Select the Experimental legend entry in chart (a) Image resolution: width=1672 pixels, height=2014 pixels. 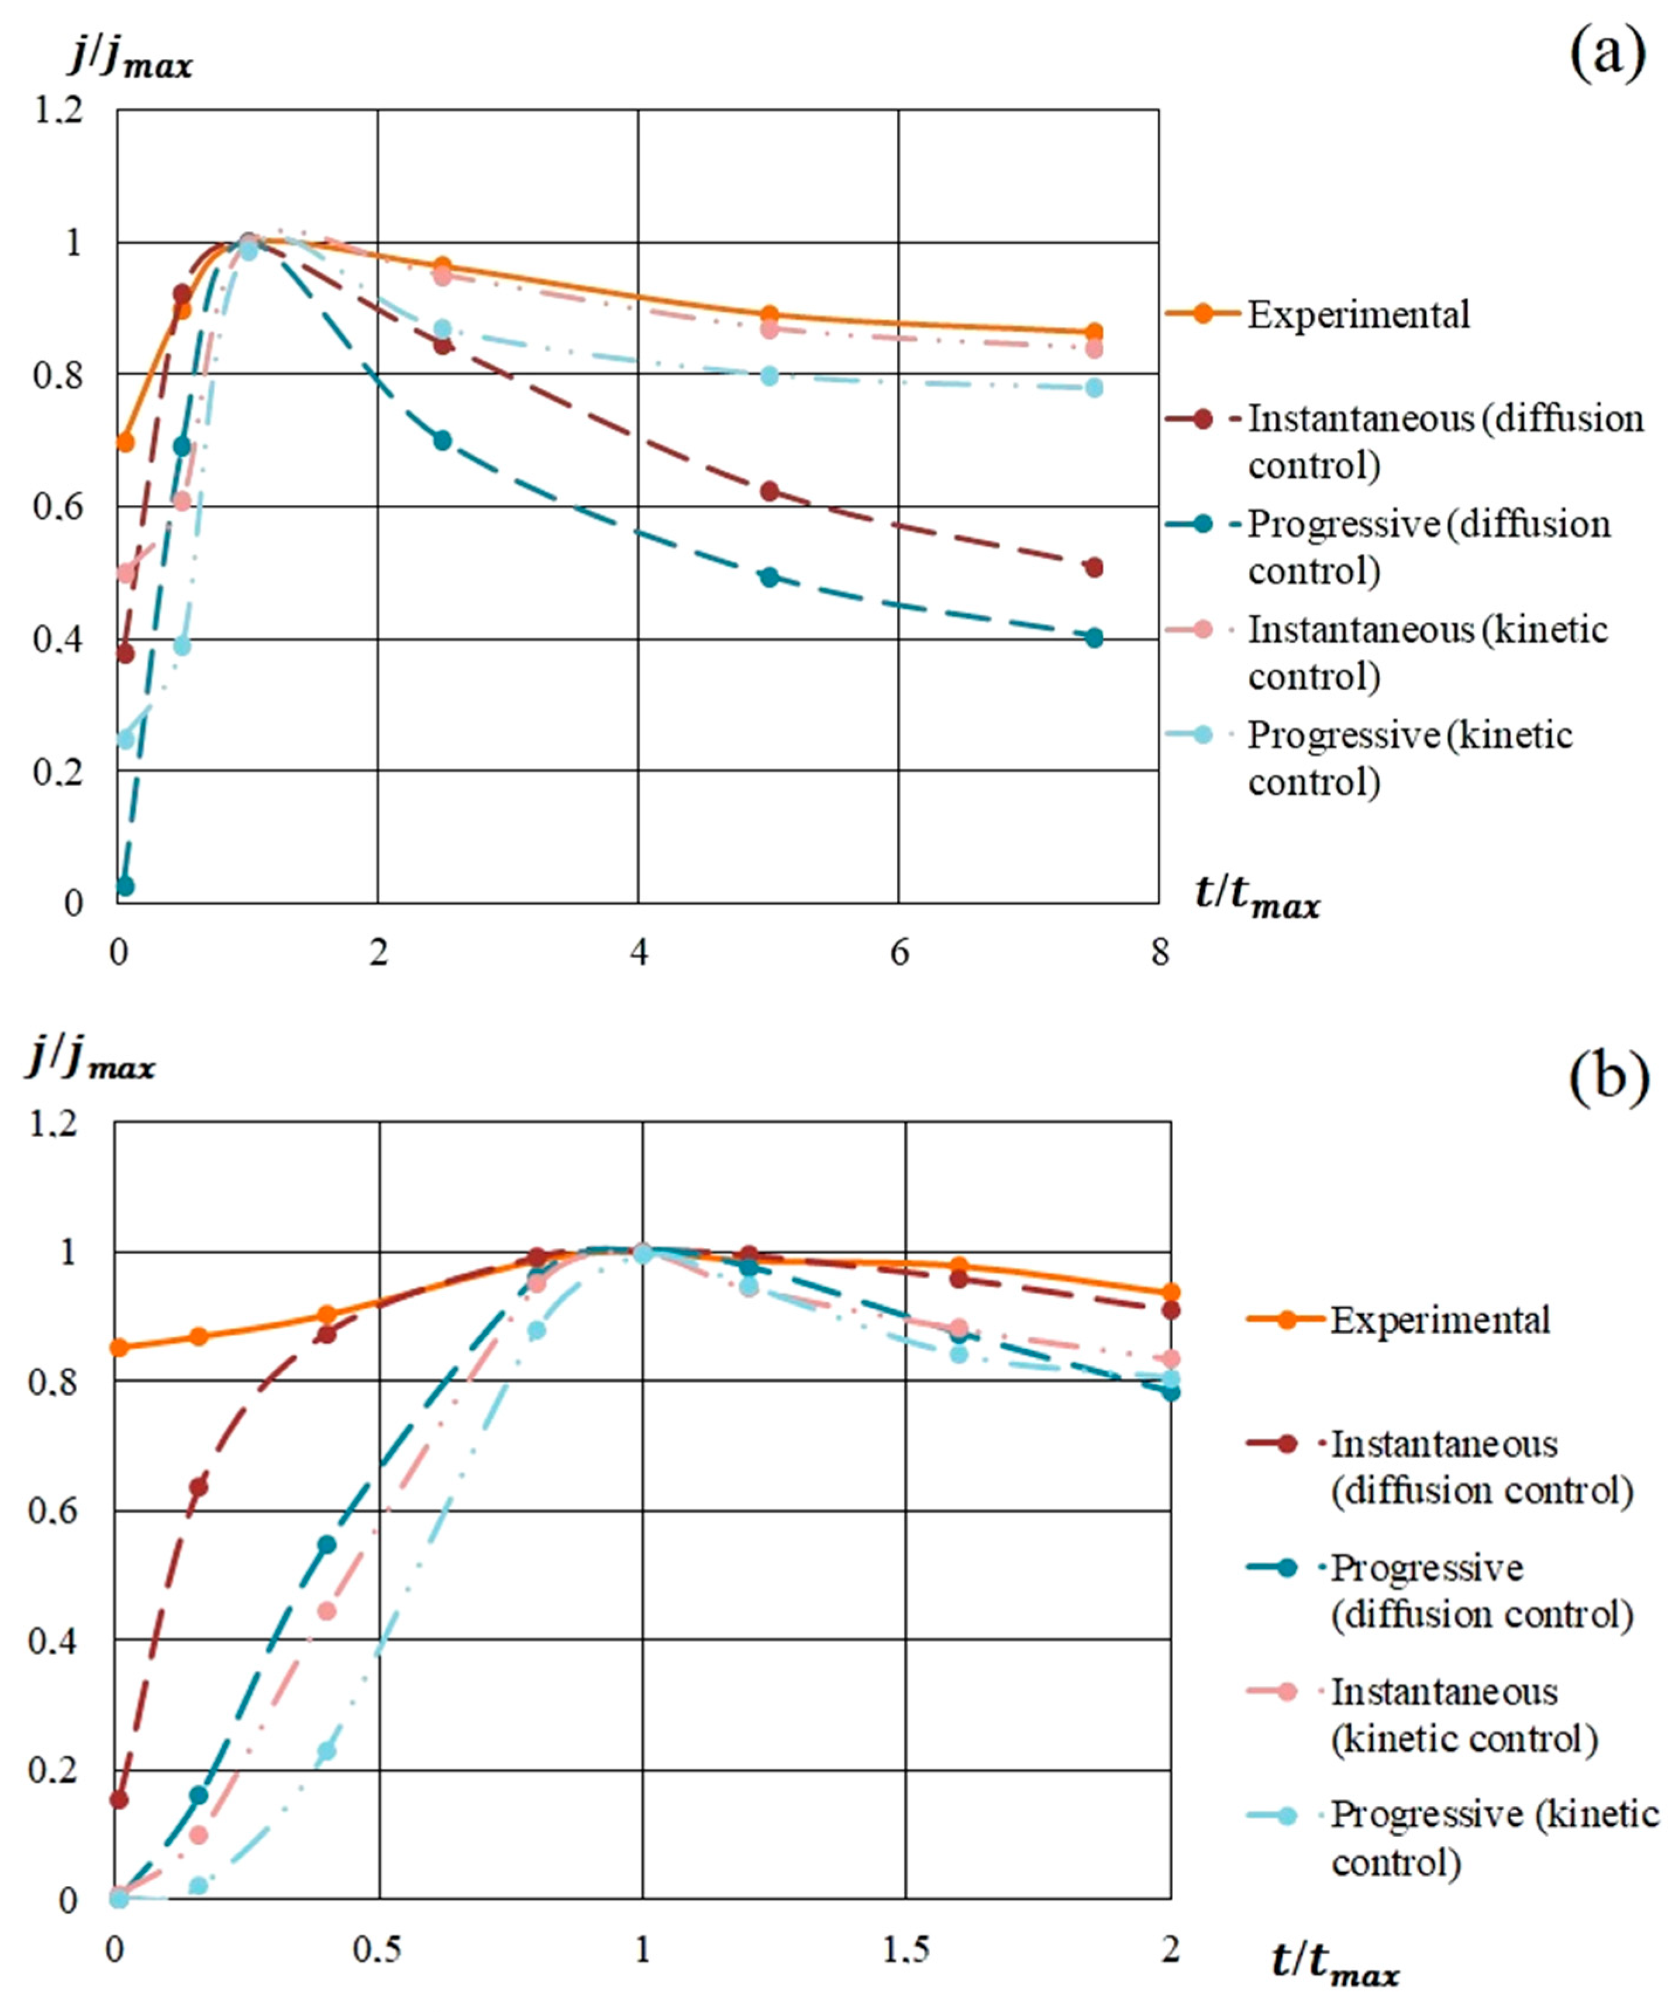tap(1357, 315)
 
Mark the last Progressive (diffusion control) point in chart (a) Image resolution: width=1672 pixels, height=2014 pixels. tap(1094, 638)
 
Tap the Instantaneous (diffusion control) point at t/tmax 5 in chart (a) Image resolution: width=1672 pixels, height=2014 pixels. tap(769, 491)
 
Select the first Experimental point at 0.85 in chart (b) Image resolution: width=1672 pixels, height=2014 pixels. tap(118, 1348)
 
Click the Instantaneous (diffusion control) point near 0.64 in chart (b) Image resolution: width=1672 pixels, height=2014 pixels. tap(198, 1486)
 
